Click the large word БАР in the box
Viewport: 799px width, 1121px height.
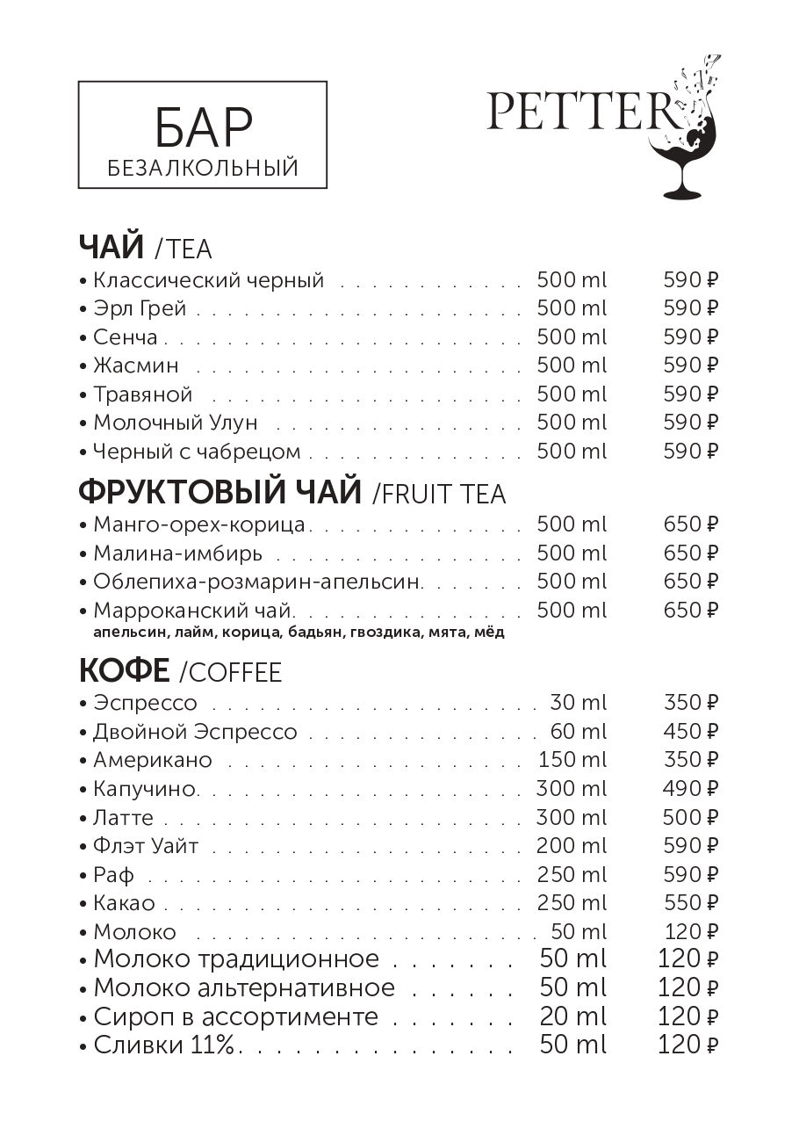(x=203, y=128)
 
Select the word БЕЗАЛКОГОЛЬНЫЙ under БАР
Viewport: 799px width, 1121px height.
(x=203, y=167)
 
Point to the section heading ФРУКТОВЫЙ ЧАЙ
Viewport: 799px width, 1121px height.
(x=220, y=492)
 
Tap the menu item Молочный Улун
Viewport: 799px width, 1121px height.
(x=176, y=423)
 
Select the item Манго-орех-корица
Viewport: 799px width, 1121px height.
(x=199, y=525)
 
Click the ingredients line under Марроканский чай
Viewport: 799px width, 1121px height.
(x=299, y=632)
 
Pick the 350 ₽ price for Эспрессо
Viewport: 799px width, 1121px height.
(x=690, y=703)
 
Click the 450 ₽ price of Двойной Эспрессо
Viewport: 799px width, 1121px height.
(x=690, y=732)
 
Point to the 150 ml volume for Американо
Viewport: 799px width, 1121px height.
(x=571, y=760)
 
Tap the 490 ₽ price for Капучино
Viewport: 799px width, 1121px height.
(x=690, y=789)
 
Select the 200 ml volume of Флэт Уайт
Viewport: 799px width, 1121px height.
(x=571, y=846)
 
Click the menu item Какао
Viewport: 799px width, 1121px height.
(x=124, y=903)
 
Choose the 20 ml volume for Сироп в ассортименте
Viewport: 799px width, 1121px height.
(x=572, y=1016)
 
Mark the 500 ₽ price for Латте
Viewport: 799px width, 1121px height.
(x=690, y=818)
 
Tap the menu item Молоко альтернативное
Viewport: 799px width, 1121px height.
(x=244, y=987)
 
